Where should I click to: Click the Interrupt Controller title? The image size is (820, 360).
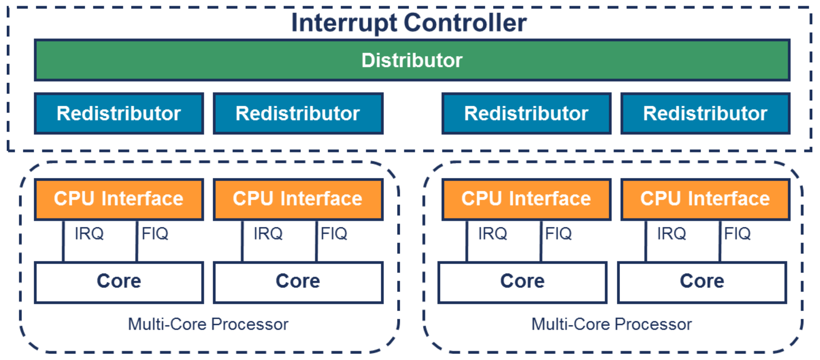coord(409,22)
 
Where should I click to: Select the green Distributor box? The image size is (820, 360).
coord(412,60)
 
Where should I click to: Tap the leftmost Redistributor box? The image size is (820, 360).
coord(119,113)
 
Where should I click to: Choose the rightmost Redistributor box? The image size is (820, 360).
coord(705,113)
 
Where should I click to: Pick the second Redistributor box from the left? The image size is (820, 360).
coord(298,113)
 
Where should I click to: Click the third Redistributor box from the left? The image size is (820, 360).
coord(526,113)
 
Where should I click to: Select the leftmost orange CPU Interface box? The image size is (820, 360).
coord(119,199)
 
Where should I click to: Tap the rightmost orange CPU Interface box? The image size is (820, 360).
coord(705,199)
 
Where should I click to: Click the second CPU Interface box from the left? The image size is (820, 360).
coord(298,199)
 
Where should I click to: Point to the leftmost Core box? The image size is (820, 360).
coord(119,282)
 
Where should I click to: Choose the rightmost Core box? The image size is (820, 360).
coord(702,282)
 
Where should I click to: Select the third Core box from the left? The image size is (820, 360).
coord(523,282)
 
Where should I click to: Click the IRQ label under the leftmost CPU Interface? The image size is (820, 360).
coord(89,234)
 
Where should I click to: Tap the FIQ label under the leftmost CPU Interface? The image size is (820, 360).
coord(155,234)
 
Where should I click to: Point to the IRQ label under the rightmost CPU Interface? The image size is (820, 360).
coord(672,234)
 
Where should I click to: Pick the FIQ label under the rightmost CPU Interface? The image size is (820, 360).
coord(737,234)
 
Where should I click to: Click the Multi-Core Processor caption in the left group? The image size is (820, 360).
coord(208,324)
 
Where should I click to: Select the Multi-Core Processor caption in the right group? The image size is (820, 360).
coord(611,324)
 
